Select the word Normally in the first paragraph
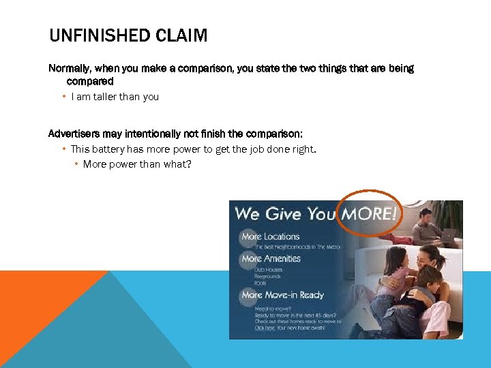[70, 68]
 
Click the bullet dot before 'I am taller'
[63, 97]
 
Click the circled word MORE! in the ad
[369, 213]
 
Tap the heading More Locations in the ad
[271, 236]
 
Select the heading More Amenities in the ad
[271, 258]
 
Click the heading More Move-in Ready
[282, 295]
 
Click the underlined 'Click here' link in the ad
[265, 328]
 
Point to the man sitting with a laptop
[426, 225]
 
